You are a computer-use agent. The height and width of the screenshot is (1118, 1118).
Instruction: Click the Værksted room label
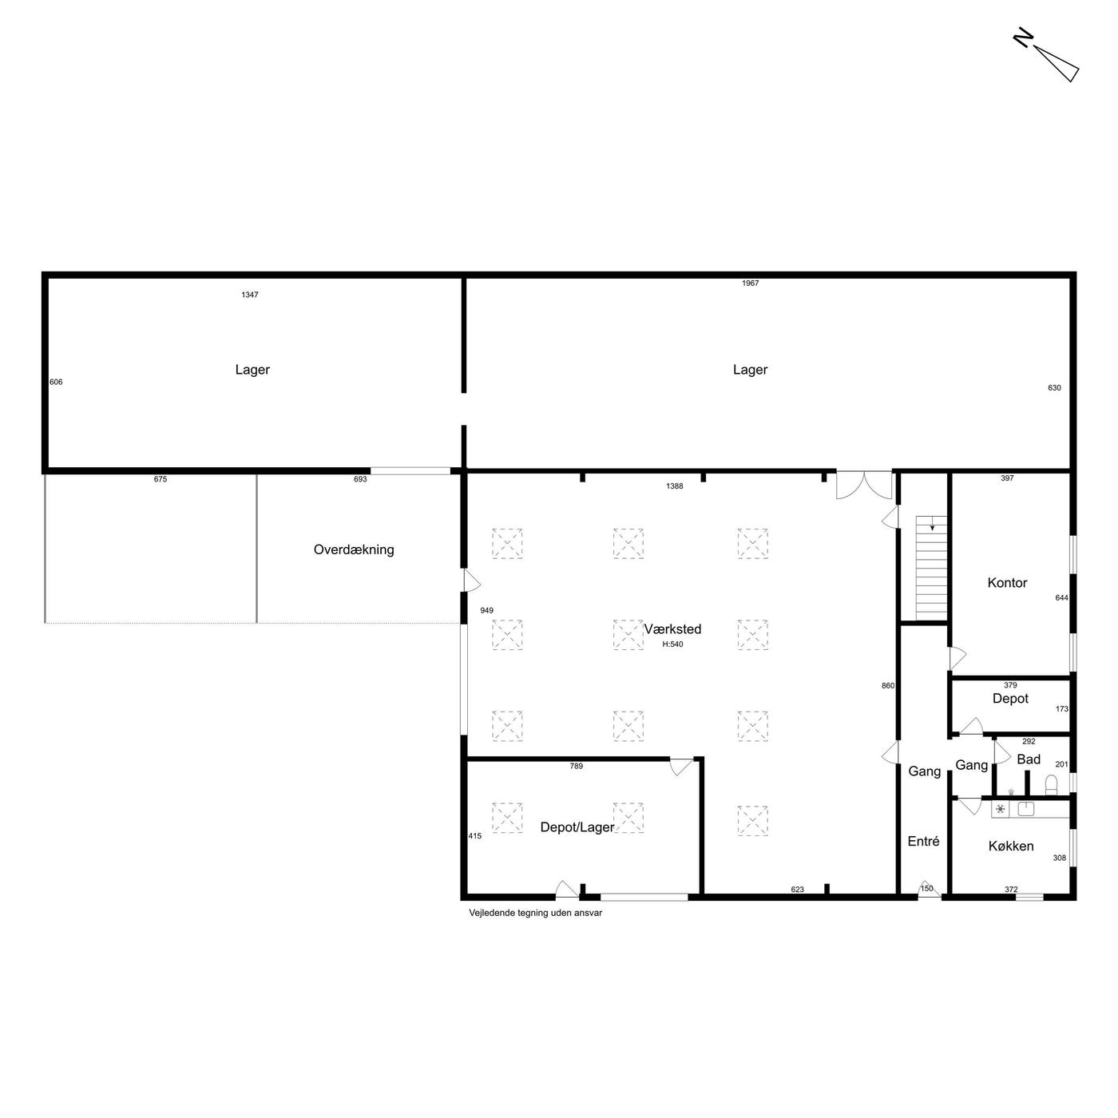click(672, 629)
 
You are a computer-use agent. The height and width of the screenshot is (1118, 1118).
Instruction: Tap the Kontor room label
click(1007, 582)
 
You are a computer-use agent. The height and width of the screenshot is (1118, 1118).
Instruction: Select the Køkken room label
click(1011, 846)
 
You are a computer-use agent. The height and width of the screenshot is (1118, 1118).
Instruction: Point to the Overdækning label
click(354, 549)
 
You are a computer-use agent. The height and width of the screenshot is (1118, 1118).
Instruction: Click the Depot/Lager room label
click(577, 827)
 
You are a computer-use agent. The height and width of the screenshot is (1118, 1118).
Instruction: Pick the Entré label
click(924, 841)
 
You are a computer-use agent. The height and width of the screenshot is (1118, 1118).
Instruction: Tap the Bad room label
click(1029, 759)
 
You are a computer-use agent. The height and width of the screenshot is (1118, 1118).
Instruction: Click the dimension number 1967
click(750, 283)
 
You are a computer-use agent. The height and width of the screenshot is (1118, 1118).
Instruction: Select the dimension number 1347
click(250, 295)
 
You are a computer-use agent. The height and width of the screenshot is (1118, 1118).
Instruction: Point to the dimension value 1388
click(675, 486)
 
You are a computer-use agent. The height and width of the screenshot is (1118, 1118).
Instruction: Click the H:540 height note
click(673, 644)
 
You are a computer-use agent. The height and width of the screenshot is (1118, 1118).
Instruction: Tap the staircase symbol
click(931, 568)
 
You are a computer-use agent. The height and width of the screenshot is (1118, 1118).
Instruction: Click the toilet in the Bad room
click(1051, 785)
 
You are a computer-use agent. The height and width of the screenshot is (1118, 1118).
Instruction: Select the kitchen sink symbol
click(1026, 809)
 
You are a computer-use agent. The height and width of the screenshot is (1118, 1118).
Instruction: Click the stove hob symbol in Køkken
click(1001, 809)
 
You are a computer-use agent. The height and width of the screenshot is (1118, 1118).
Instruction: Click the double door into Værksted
click(864, 485)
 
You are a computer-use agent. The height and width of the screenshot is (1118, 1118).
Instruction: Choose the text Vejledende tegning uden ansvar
click(536, 913)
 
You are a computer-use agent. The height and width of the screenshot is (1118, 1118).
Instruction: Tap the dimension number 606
click(56, 382)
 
